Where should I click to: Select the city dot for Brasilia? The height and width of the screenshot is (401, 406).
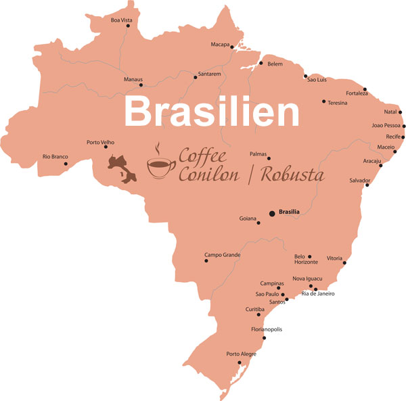point(272,214)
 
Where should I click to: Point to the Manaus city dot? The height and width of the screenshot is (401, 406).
point(141,85)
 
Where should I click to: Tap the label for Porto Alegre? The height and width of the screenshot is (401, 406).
point(242,354)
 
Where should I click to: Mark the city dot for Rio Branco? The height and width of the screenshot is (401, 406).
point(66,164)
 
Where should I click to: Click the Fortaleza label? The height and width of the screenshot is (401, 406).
point(357,93)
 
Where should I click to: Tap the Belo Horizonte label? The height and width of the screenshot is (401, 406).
point(306,260)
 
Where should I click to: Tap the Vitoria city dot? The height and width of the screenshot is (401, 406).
point(346,264)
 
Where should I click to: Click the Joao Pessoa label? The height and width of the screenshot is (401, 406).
point(386,125)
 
